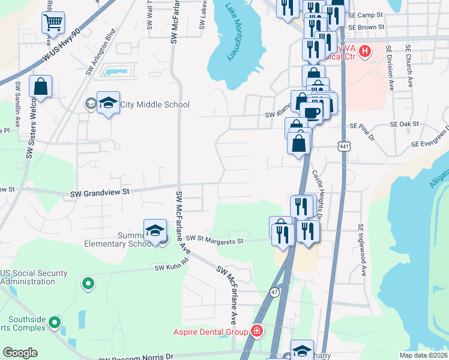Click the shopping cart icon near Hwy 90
(x=53, y=23)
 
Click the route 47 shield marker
(x=274, y=292)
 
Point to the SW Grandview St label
(x=100, y=193)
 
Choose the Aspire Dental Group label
(x=211, y=332)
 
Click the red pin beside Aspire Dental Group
(x=257, y=331)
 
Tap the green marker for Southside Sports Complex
(x=55, y=323)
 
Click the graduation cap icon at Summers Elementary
(x=155, y=230)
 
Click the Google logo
(x=20, y=353)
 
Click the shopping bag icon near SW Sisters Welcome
(x=40, y=86)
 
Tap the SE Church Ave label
(x=409, y=65)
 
